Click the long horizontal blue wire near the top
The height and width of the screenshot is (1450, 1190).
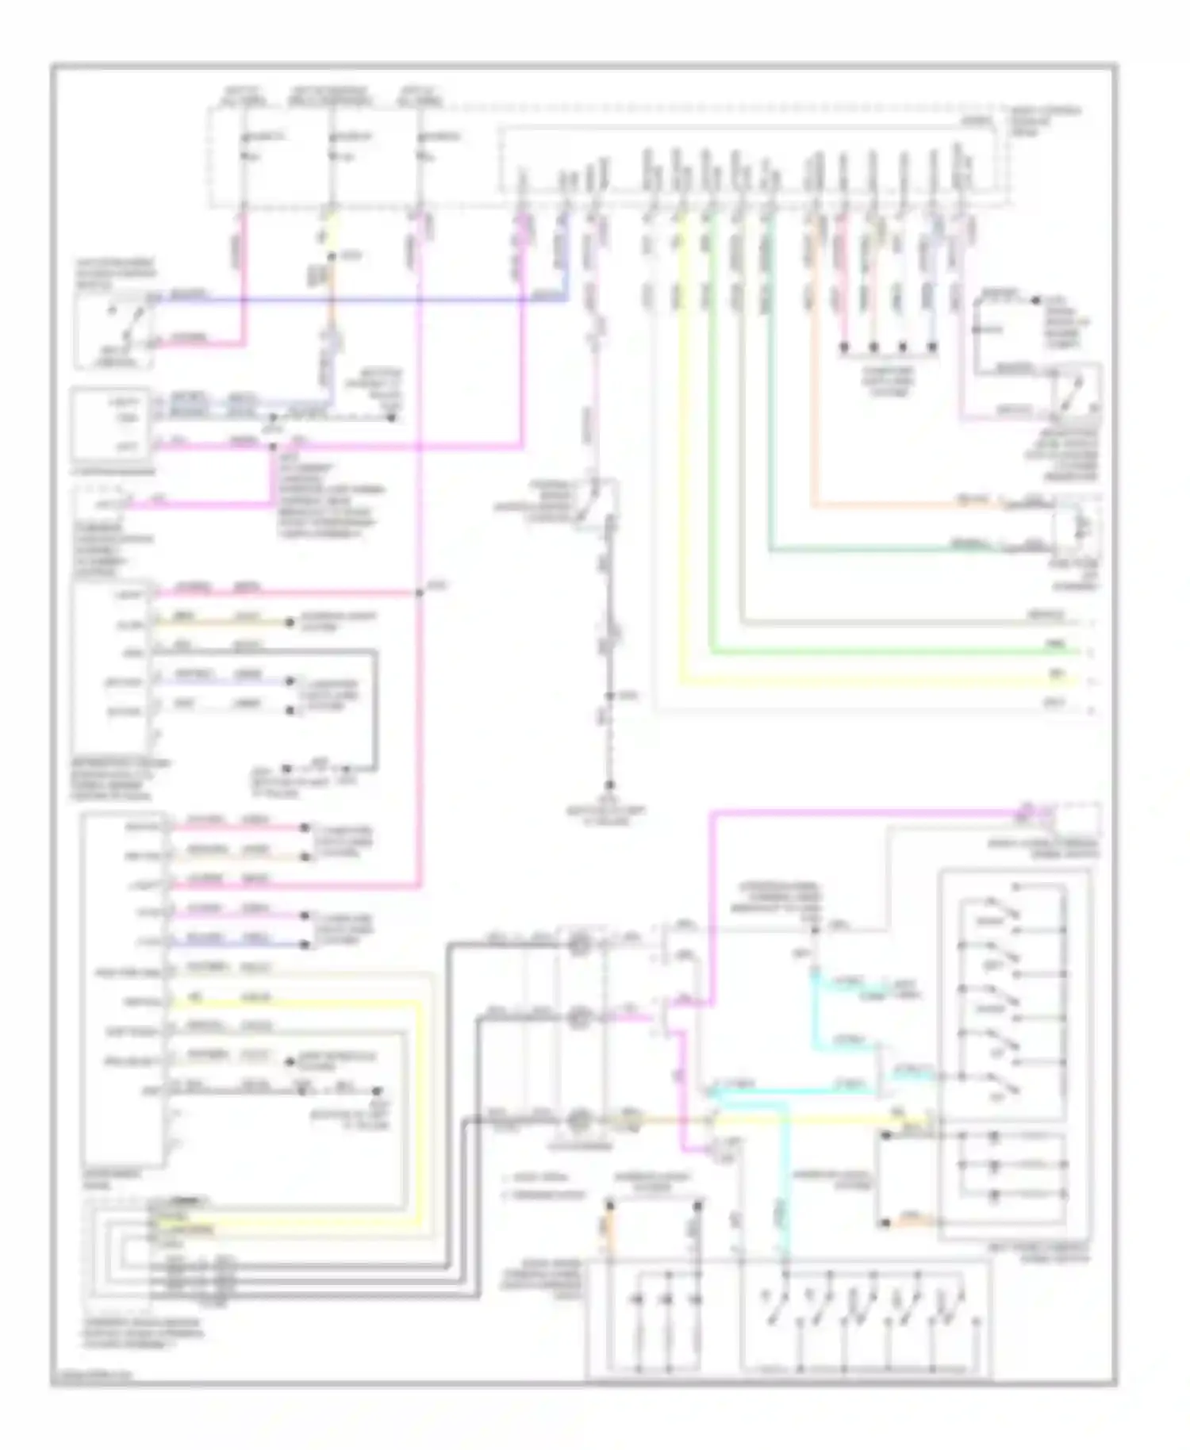[x=357, y=301]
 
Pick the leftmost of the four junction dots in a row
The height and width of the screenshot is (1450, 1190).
[x=843, y=347]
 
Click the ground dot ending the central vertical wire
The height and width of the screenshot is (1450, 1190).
[x=609, y=784]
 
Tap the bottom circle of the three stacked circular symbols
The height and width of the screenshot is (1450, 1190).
[x=580, y=1120]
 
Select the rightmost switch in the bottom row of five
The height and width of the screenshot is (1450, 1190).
[x=947, y=1309]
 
